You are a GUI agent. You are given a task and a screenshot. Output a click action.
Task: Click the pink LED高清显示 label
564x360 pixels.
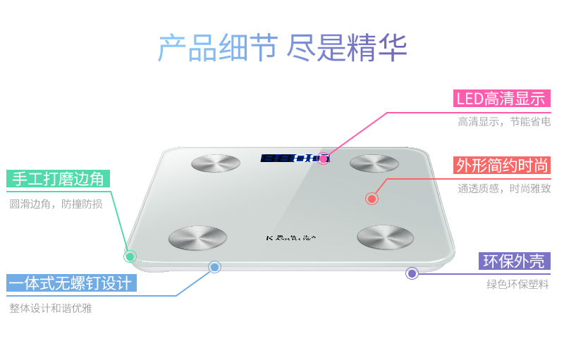[502, 99]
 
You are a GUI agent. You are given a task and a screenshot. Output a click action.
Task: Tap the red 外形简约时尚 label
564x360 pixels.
[502, 166]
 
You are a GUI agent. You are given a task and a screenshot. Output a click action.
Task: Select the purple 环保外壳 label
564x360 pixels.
[514, 261]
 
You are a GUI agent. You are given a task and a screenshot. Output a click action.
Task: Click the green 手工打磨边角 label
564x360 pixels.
[59, 179]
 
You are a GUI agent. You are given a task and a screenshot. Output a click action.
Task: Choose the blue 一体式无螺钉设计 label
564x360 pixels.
[70, 284]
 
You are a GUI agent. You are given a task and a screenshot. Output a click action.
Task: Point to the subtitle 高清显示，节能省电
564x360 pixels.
[503, 122]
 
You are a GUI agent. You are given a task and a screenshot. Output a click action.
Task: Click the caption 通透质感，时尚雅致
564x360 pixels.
[503, 188]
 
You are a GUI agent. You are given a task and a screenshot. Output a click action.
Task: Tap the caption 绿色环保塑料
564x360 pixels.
[517, 285]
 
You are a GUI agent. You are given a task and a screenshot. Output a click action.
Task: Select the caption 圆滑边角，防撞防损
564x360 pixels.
[56, 204]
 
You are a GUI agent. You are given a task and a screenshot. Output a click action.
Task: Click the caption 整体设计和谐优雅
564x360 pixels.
[51, 308]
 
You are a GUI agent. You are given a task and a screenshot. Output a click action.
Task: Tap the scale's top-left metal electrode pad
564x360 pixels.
[216, 163]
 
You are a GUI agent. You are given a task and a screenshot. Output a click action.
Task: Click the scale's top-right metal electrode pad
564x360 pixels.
[374, 163]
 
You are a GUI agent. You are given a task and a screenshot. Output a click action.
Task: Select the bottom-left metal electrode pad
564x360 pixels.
[197, 239]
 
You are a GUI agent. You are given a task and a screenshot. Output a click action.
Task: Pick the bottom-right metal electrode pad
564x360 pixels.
[385, 238]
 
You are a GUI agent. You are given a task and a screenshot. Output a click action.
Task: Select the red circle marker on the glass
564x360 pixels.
[372, 199]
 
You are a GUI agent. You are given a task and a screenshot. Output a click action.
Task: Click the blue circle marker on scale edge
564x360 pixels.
[215, 267]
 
